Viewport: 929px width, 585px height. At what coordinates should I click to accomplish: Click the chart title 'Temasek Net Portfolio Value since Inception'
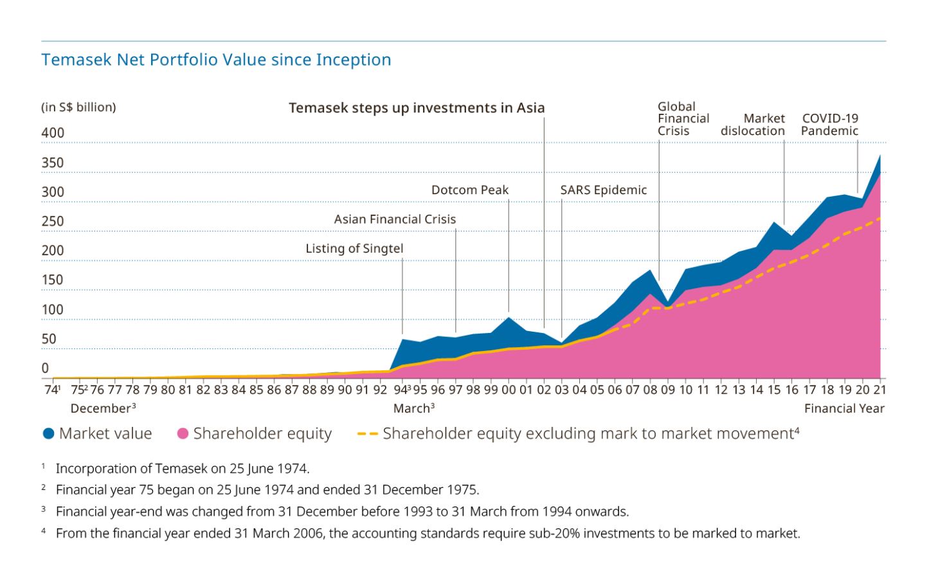[216, 60]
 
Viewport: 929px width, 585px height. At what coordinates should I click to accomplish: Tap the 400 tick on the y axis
[53, 133]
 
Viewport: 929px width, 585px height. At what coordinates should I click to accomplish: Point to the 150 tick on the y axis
[53, 280]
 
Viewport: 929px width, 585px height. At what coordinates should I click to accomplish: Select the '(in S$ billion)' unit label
[78, 107]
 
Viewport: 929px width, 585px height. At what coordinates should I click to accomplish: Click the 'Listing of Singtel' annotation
[354, 249]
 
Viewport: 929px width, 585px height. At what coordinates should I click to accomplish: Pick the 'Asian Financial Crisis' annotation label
[395, 219]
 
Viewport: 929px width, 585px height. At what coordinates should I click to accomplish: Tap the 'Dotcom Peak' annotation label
[470, 190]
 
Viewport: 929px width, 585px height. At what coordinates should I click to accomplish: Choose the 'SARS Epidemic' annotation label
[603, 190]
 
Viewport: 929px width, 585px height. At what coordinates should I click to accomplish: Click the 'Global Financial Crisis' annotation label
[683, 119]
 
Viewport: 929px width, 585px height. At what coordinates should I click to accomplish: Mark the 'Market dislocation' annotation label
[753, 125]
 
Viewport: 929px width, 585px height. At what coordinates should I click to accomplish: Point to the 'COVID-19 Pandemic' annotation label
[830, 125]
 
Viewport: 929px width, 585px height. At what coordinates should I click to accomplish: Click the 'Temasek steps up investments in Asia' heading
[417, 108]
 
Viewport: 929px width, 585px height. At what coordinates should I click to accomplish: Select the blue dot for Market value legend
[48, 434]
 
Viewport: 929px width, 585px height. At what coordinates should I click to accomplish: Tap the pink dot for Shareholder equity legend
[183, 434]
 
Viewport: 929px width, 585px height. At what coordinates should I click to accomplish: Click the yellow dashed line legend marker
[367, 434]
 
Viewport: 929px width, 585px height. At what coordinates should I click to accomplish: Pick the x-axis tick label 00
[508, 390]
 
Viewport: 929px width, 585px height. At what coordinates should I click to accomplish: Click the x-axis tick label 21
[879, 390]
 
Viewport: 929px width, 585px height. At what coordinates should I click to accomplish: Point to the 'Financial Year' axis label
[844, 409]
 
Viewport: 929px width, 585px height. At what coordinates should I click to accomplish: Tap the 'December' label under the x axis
[101, 409]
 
